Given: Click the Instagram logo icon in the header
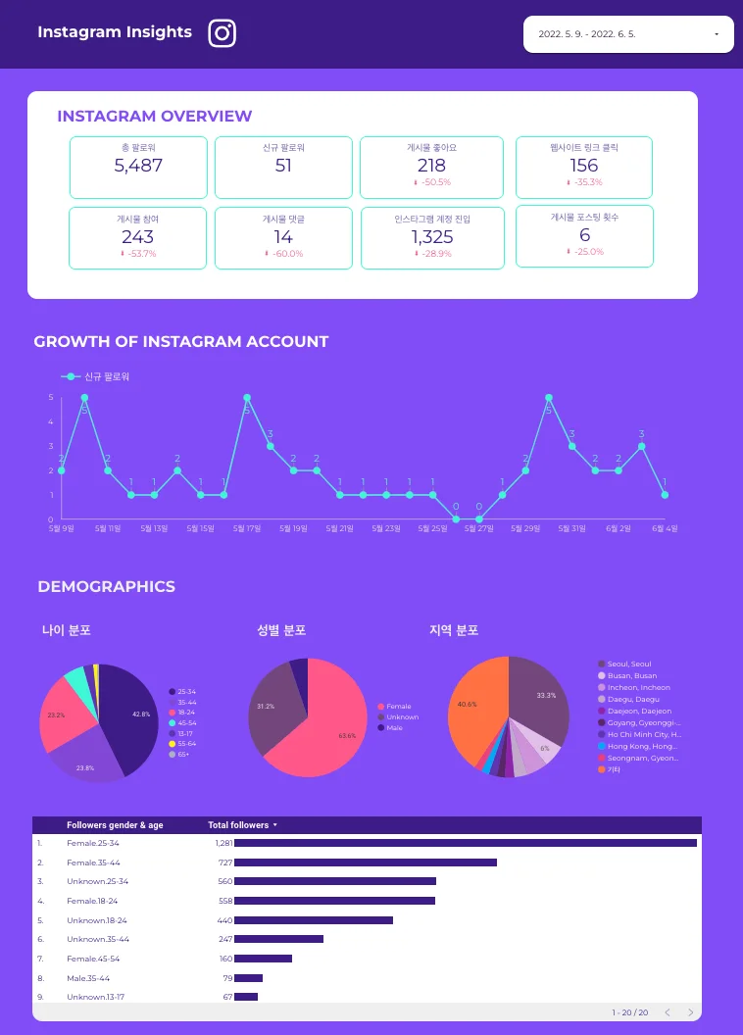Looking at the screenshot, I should click(223, 33).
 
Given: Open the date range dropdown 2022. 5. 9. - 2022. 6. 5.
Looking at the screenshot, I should click(627, 34).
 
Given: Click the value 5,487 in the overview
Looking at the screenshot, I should click(138, 166).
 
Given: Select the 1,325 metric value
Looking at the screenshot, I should click(432, 236).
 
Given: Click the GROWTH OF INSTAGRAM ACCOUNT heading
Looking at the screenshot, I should click(181, 342).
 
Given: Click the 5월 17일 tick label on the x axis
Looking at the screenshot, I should click(247, 528).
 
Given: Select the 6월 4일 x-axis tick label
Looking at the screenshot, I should click(665, 528).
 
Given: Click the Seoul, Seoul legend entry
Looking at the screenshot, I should click(628, 665).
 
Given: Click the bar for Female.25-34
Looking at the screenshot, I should click(465, 842).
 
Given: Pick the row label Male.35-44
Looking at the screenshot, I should click(88, 978).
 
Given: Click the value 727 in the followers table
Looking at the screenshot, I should click(225, 862).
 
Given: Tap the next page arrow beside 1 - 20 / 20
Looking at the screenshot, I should click(690, 1012).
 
